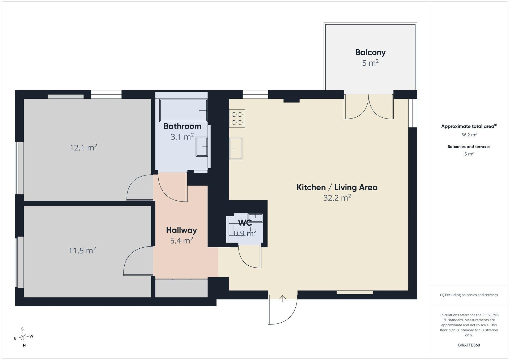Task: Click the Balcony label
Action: pyautogui.click(x=370, y=52)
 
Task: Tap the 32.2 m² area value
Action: pyautogui.click(x=337, y=198)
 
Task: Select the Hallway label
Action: pyautogui.click(x=181, y=230)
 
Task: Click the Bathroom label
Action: pyautogui.click(x=182, y=126)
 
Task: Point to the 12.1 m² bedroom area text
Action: pyautogui.click(x=83, y=147)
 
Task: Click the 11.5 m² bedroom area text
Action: pyautogui.click(x=82, y=250)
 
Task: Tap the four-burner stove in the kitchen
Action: pyautogui.click(x=237, y=118)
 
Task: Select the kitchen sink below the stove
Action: pyautogui.click(x=236, y=149)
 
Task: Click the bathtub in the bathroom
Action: pyautogui.click(x=183, y=110)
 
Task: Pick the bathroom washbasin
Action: pyautogui.click(x=202, y=147)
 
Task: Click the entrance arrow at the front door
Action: pyautogui.click(x=283, y=299)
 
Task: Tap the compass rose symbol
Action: pyautogui.click(x=24, y=337)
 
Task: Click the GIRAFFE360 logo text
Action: pyautogui.click(x=469, y=345)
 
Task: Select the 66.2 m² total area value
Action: pyautogui.click(x=469, y=135)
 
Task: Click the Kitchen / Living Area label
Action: pyautogui.click(x=337, y=187)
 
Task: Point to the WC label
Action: pyautogui.click(x=245, y=223)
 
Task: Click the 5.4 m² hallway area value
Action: pyautogui.click(x=181, y=240)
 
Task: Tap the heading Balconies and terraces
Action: pyautogui.click(x=469, y=147)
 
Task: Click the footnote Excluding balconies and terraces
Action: pyautogui.click(x=469, y=295)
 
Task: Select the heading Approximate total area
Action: pyautogui.click(x=469, y=126)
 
